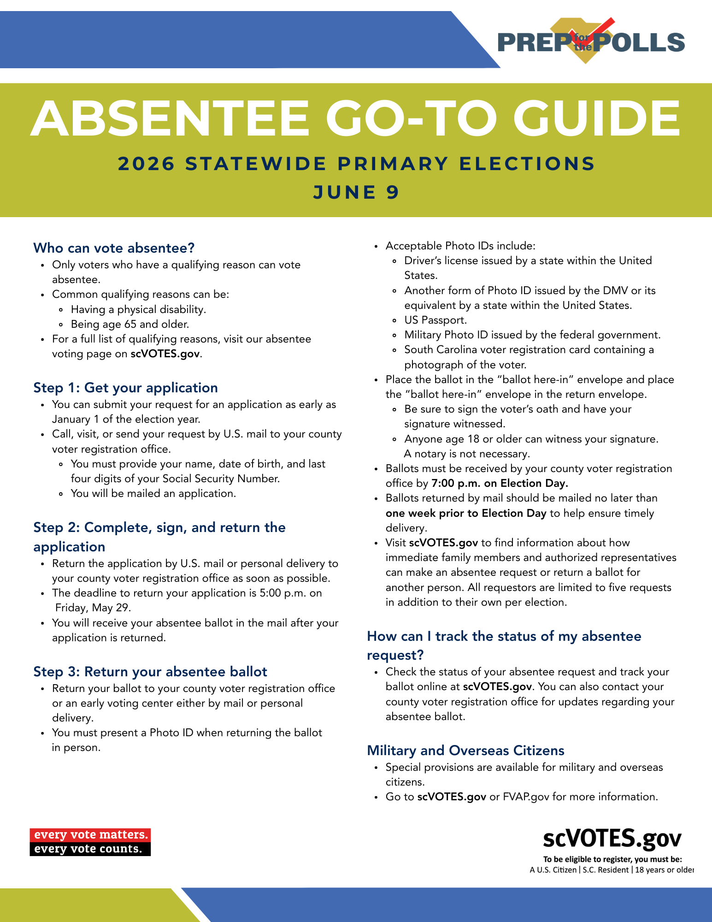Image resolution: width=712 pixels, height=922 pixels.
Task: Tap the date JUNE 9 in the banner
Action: point(356,192)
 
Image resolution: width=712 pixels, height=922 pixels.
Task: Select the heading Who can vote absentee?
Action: point(114,248)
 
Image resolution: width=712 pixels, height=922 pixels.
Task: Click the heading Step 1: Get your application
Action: point(125,388)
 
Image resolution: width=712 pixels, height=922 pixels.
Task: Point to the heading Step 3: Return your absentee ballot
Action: point(150,672)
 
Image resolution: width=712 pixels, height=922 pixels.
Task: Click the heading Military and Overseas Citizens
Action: point(465,751)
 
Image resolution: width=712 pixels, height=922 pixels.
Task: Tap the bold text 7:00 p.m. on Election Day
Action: point(500,483)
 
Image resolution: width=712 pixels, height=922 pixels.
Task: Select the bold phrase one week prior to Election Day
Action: point(466,513)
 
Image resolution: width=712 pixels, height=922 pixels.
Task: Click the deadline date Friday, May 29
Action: point(93,608)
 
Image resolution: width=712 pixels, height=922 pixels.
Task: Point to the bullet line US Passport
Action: point(435,320)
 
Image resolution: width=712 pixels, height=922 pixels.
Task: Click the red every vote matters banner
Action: point(90,835)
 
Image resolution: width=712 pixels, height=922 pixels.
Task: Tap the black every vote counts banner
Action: point(90,849)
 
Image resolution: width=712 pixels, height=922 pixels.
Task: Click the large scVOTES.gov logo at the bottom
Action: point(612,839)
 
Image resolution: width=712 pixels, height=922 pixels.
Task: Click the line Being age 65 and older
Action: point(130,324)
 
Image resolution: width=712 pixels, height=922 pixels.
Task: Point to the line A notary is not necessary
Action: point(467,454)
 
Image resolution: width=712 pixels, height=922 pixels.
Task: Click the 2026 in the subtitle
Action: point(147,164)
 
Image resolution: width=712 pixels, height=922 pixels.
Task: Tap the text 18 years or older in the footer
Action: point(664,870)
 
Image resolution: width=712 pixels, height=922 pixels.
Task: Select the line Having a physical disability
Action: point(138,309)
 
